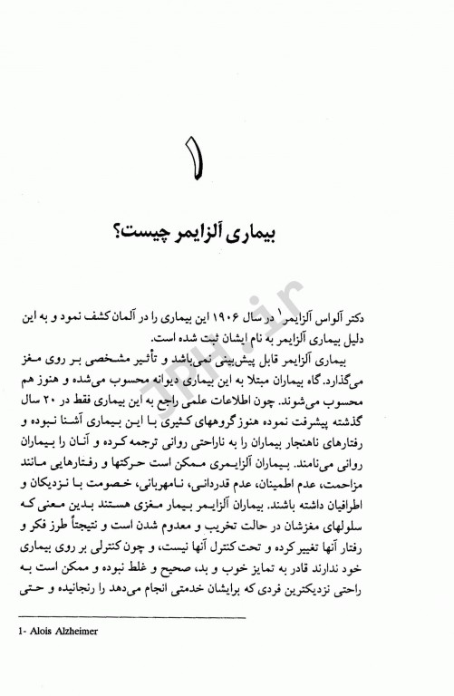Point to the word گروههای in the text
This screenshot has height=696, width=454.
click(x=245, y=423)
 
